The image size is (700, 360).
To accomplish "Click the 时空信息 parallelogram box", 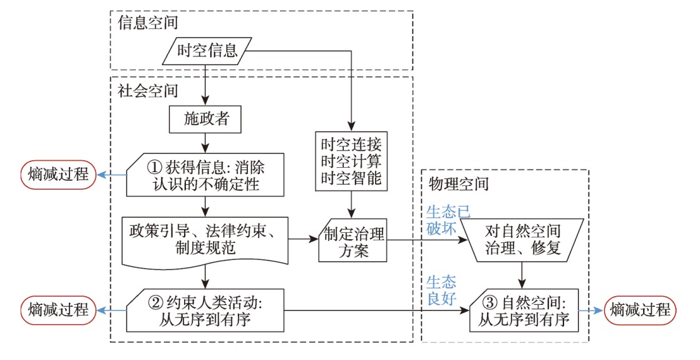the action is point(207,51).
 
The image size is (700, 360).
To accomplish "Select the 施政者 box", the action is point(205,119).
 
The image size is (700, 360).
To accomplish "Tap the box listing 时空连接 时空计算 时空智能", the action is point(351,162).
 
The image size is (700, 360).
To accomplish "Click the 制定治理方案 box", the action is point(353,240).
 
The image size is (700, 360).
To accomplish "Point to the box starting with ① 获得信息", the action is point(205,175).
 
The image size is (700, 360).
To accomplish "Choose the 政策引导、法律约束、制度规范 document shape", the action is point(205,240).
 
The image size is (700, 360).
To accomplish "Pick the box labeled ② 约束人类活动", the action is point(205,311).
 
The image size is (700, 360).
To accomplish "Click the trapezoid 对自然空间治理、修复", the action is point(522,240).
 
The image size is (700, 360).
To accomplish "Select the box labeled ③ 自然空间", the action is point(524,311).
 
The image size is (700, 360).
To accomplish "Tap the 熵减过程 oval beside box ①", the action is point(58,175).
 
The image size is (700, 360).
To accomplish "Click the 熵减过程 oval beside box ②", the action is point(58,311).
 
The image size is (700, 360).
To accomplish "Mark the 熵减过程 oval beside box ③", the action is point(640,311).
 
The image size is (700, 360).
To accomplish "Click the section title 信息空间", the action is point(148,23).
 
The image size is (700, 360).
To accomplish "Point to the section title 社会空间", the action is point(148,91).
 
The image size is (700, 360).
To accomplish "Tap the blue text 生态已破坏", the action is point(448,220).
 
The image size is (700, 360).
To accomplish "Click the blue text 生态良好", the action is point(441,291).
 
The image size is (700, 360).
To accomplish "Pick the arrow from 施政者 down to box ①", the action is point(205,143).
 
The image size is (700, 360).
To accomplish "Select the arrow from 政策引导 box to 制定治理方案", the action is point(303,239).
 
